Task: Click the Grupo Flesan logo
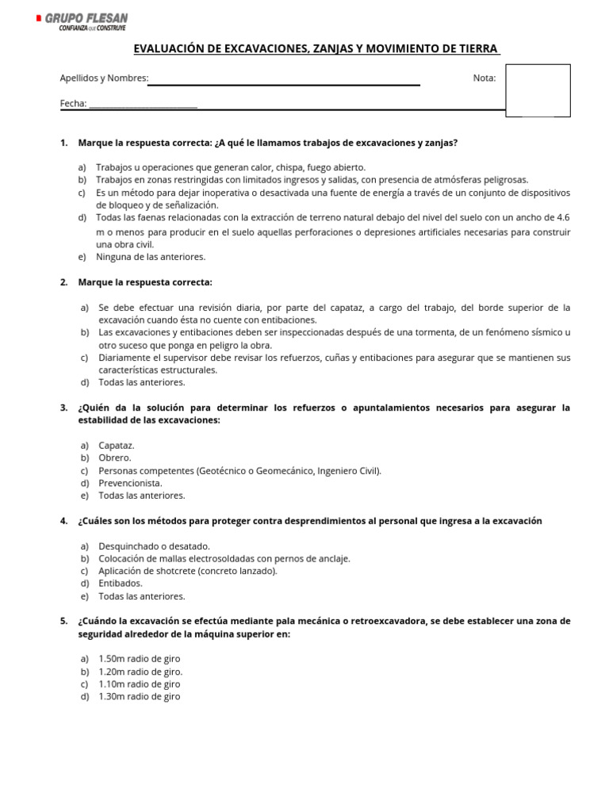(x=82, y=21)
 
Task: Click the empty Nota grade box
(x=538, y=90)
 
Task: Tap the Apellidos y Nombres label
(x=104, y=78)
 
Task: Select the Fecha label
(x=74, y=103)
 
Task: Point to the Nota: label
(x=485, y=78)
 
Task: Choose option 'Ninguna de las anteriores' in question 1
(x=150, y=257)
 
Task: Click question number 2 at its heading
(x=63, y=282)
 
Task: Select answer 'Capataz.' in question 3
(x=117, y=446)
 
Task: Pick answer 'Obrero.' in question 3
(x=115, y=458)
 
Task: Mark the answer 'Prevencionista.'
(x=130, y=483)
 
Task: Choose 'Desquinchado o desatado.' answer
(x=154, y=546)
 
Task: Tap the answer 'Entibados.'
(x=121, y=584)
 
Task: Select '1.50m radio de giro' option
(x=140, y=659)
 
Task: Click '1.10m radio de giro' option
(x=140, y=684)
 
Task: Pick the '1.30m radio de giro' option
(x=140, y=697)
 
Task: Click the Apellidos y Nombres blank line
(x=285, y=82)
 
